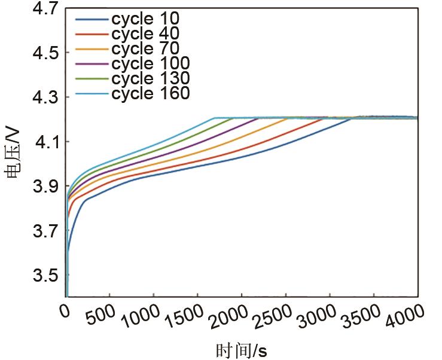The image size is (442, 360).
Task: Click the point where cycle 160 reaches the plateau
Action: click(x=214, y=118)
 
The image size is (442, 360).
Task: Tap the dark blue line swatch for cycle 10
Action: click(x=92, y=19)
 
